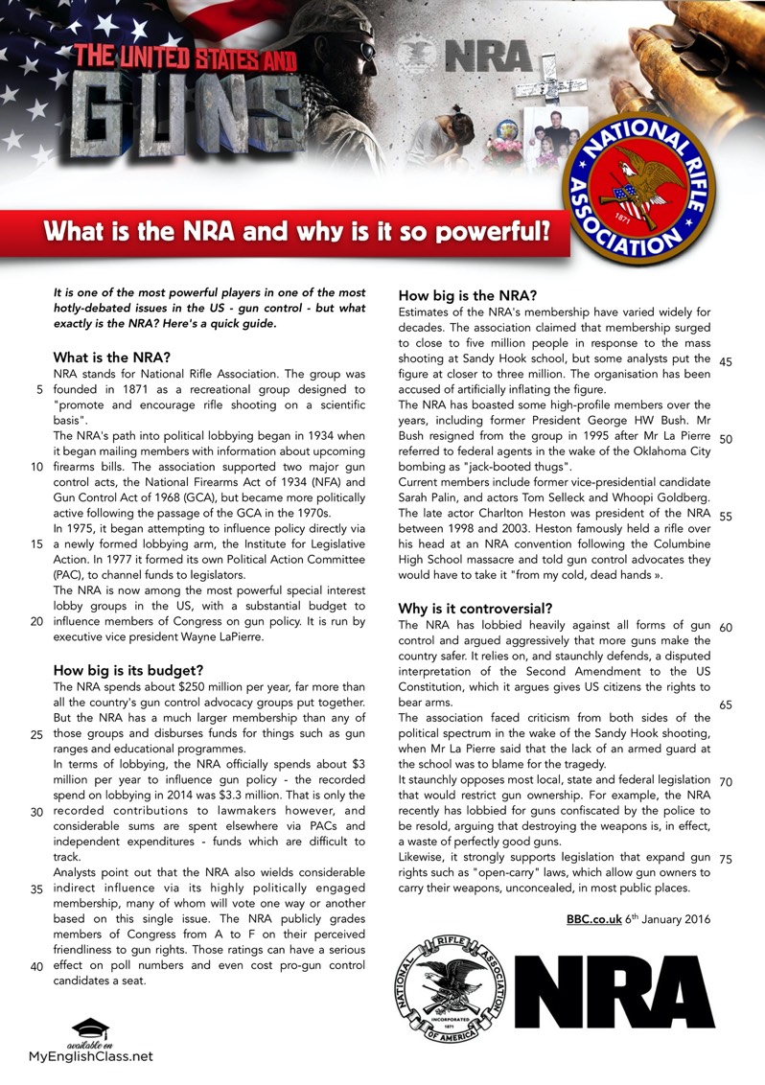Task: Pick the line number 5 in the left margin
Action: point(39,390)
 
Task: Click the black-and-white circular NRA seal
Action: point(452,992)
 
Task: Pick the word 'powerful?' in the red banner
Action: point(490,232)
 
